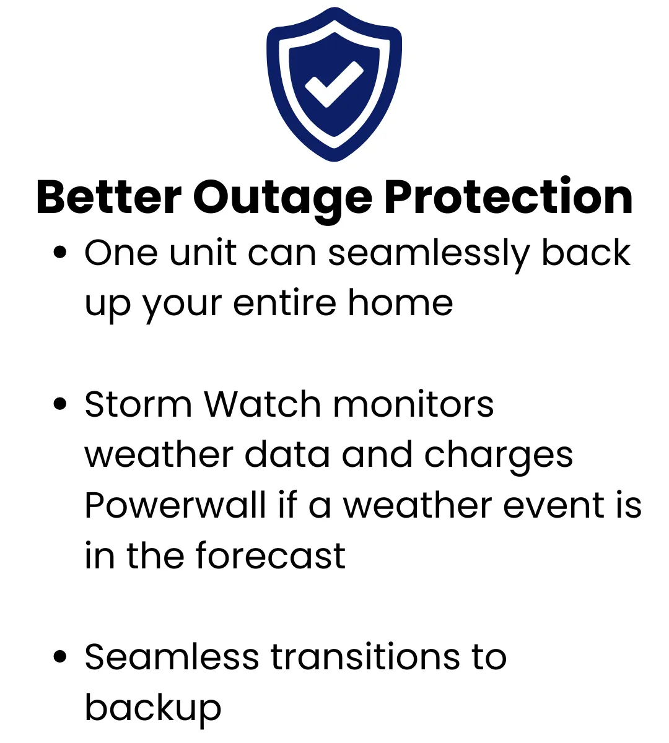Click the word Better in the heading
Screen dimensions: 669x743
point(109,198)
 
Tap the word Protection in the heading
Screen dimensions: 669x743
point(508,196)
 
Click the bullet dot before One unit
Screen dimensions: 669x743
point(60,252)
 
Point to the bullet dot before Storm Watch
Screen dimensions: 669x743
point(60,403)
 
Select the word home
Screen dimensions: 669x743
point(400,303)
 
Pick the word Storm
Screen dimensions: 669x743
point(138,404)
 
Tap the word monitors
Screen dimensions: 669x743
point(414,404)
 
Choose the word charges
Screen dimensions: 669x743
point(499,458)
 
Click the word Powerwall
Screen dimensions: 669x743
point(175,505)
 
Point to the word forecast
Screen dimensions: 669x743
point(271,555)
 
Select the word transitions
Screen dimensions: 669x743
point(365,657)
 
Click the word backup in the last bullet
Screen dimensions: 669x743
point(153,711)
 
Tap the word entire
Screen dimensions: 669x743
point(285,303)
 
